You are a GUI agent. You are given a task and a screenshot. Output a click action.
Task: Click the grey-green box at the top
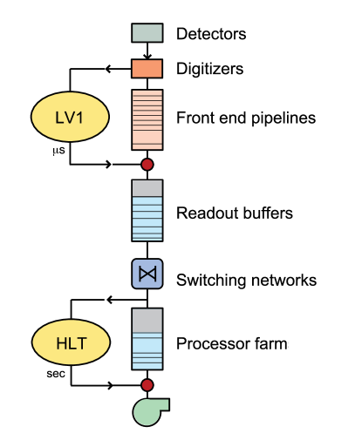(x=147, y=33)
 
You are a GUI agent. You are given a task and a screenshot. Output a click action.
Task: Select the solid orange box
(x=147, y=69)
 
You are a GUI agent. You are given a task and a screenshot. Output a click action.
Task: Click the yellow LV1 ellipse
(x=70, y=117)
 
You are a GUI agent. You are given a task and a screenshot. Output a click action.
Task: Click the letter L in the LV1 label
(x=59, y=118)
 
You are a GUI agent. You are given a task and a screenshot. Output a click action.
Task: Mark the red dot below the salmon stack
(x=147, y=164)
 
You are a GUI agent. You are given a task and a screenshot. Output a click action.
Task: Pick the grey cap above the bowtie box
(x=147, y=187)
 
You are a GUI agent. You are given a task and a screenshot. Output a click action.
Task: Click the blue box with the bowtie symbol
(x=147, y=274)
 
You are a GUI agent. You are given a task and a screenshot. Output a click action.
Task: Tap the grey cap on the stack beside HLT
(x=147, y=321)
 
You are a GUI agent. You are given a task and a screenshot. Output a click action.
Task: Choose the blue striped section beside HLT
(x=147, y=353)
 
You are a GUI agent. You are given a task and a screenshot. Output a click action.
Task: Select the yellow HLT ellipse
(x=71, y=343)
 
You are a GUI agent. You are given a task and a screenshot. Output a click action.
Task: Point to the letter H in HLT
(x=60, y=344)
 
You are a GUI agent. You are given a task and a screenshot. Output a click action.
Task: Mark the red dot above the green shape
(x=147, y=384)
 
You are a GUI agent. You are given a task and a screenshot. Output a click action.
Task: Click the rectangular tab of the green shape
(x=162, y=403)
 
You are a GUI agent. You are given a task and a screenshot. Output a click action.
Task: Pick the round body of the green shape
(x=146, y=413)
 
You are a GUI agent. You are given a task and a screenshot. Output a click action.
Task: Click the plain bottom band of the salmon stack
(x=147, y=139)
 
